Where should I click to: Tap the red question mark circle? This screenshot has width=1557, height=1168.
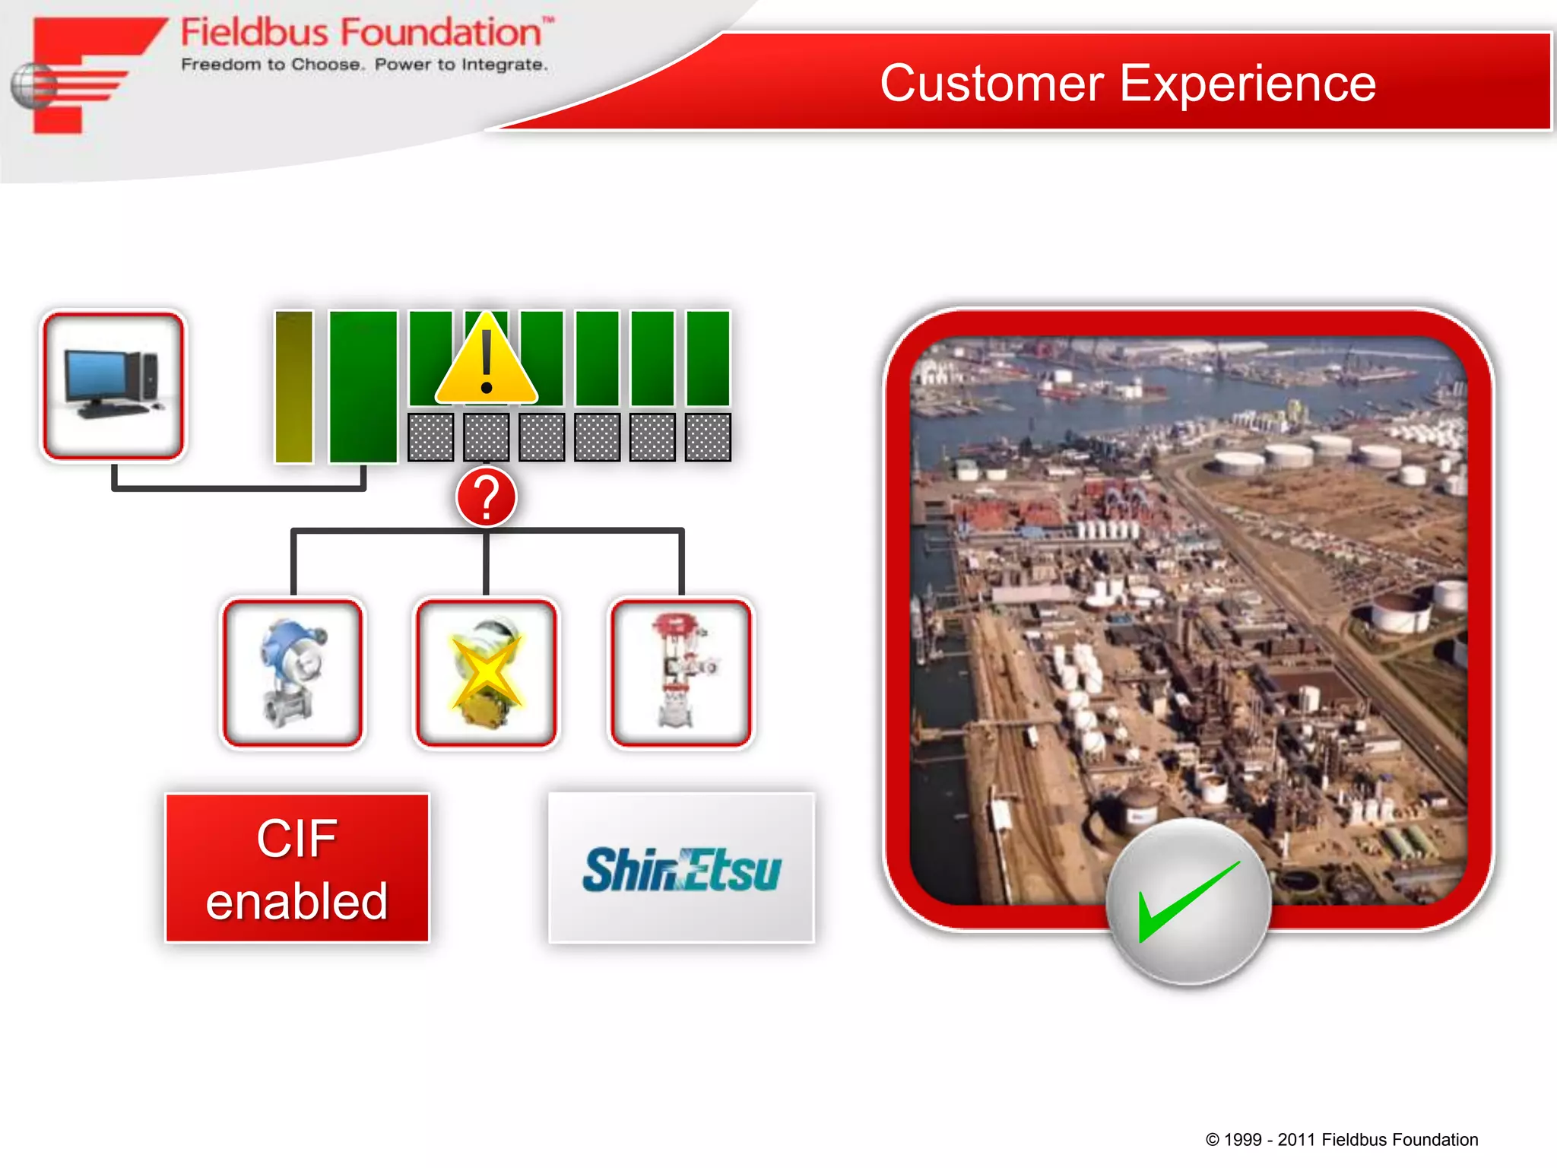point(487,498)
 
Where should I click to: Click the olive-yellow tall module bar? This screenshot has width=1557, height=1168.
point(293,386)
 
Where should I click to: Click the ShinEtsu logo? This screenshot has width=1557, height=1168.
point(681,869)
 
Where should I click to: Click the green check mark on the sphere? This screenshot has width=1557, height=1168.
point(1188,901)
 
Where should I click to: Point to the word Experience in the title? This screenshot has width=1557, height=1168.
point(1248,83)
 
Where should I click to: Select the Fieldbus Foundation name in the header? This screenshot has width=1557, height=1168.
point(361,33)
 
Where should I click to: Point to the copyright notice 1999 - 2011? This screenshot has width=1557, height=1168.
point(1341,1139)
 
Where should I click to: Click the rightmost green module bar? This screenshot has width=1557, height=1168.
point(708,357)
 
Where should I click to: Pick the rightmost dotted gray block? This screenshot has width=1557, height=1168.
point(708,437)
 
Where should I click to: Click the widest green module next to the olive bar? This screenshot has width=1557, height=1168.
point(363,386)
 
